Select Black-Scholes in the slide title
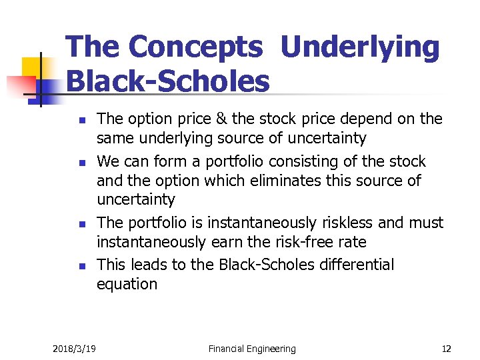point(168,82)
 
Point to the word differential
point(354,265)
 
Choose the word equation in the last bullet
point(127,284)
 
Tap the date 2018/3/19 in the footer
point(74,348)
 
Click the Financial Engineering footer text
point(252,348)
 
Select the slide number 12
point(446,348)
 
